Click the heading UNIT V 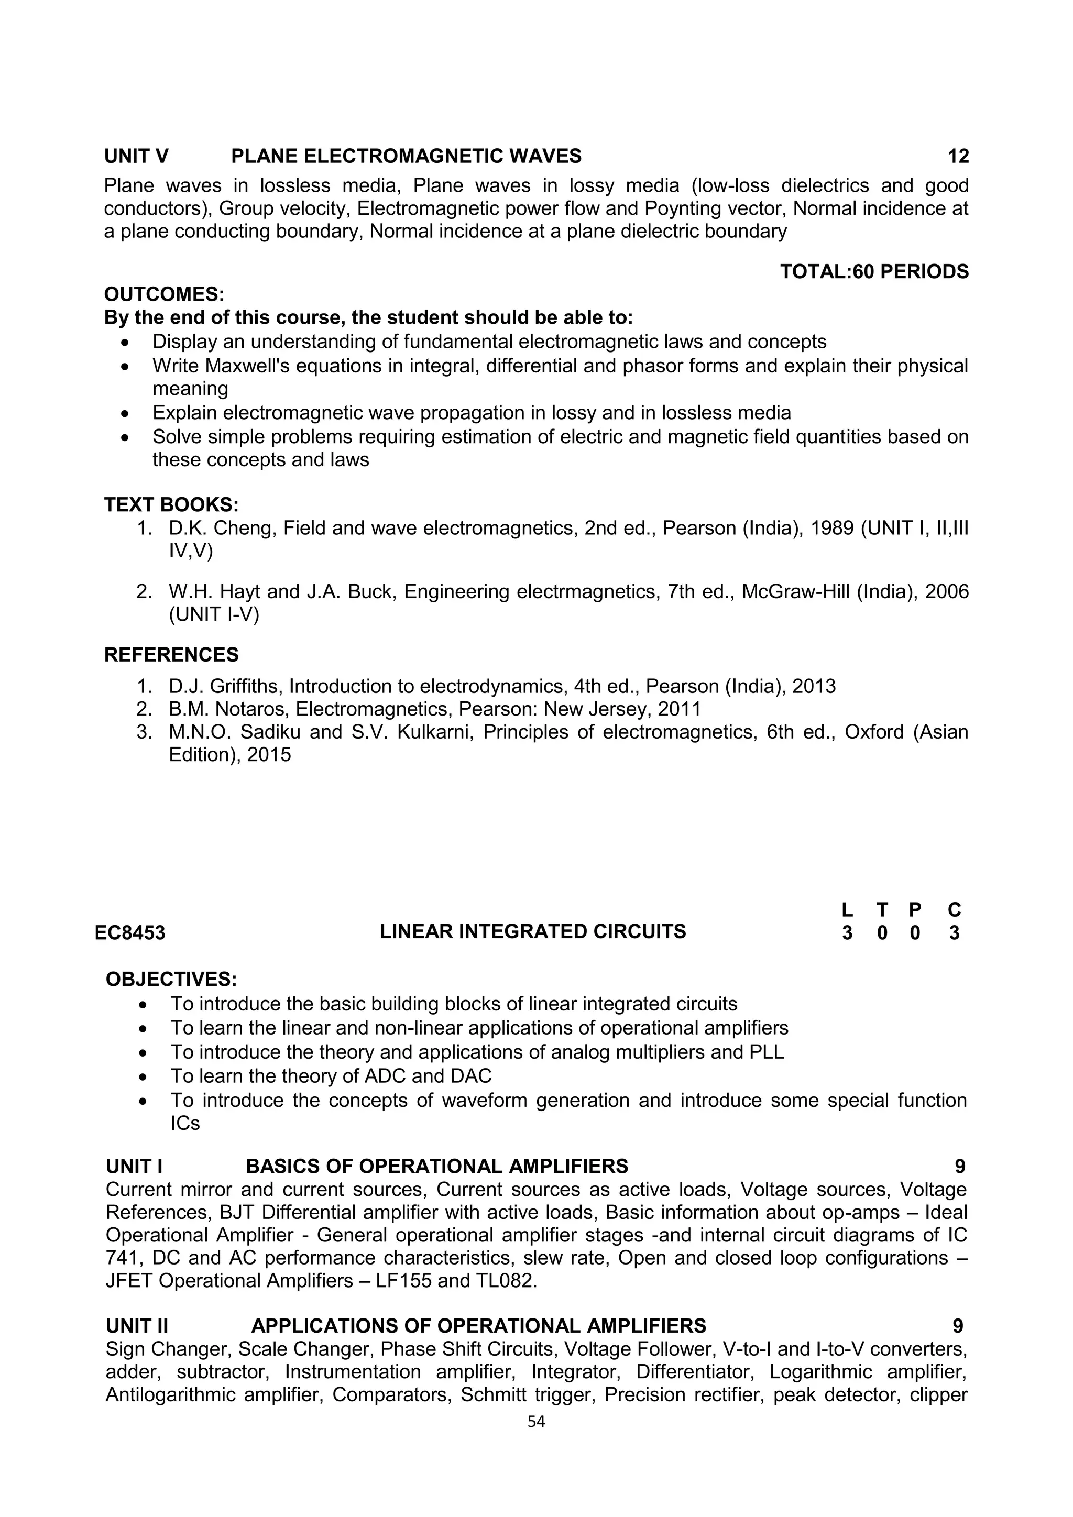(x=136, y=156)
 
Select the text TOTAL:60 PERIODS (x=873, y=271)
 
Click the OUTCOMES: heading (x=164, y=294)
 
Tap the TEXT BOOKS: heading (x=171, y=505)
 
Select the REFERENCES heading (x=171, y=655)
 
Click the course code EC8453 (x=129, y=933)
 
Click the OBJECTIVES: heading (x=171, y=979)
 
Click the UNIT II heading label (x=137, y=1326)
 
